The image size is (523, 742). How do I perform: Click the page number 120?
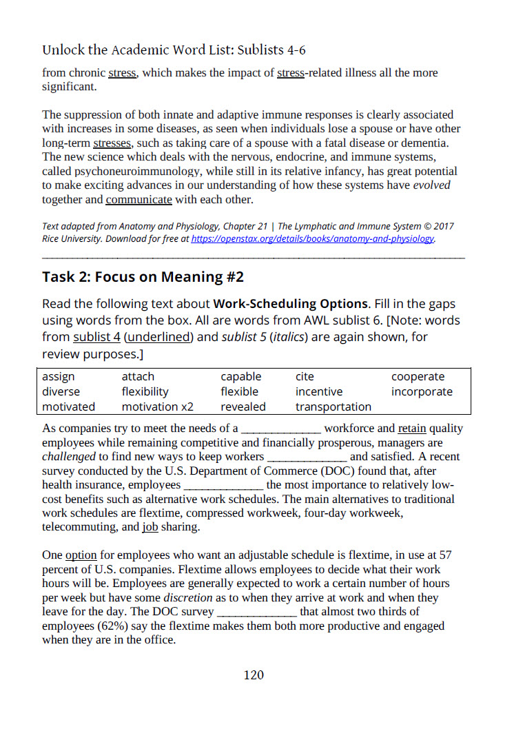coord(254,675)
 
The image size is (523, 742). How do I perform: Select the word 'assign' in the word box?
coord(59,377)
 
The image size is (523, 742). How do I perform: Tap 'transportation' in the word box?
coord(334,407)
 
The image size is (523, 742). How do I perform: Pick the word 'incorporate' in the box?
coord(422,392)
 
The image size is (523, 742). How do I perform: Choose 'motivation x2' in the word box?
coord(158,407)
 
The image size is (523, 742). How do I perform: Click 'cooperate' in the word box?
coord(418,377)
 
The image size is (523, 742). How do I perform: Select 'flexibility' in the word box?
coord(145,392)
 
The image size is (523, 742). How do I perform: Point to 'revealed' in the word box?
coord(243,407)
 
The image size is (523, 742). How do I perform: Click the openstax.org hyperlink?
coord(312,239)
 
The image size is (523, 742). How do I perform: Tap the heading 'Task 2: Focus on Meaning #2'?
coord(143,277)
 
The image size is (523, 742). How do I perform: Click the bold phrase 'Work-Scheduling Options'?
coord(291,304)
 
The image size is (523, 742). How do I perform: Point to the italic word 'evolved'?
coord(432,186)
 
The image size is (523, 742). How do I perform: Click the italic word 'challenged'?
coord(70,457)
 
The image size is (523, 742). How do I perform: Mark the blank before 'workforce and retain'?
coord(280,429)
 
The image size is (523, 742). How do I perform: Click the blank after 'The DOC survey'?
coord(258,612)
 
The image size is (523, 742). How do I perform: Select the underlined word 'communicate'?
coord(139,200)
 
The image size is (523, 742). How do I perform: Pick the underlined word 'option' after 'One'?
coord(81,555)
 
